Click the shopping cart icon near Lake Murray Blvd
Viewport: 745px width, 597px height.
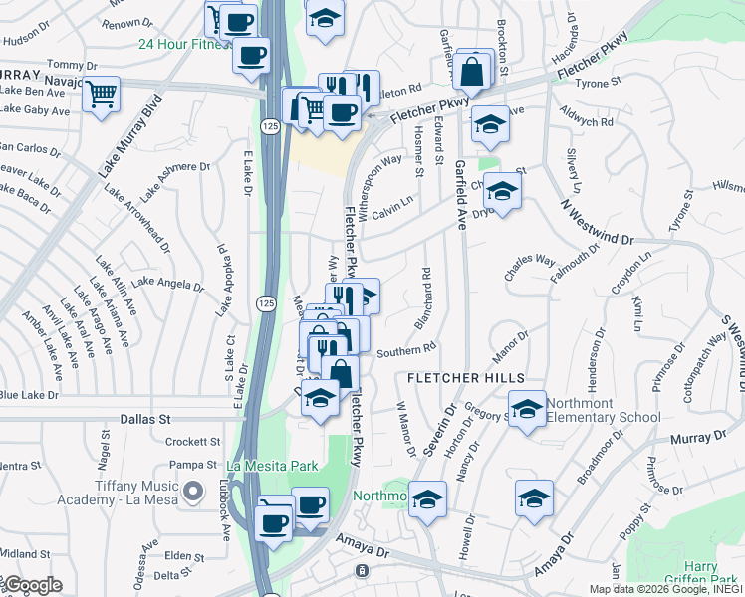tap(101, 96)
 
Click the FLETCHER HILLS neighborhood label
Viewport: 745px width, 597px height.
tap(465, 378)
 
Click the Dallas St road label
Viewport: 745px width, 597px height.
tap(146, 420)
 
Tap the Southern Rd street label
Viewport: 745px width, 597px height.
tap(406, 349)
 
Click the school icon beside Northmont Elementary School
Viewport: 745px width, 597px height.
tap(527, 408)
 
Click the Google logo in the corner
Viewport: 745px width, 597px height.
tap(32, 585)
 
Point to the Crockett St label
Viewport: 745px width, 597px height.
tap(192, 441)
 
